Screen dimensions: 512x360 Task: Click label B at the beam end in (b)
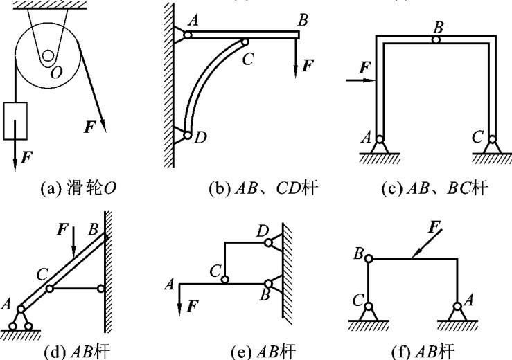coord(302,20)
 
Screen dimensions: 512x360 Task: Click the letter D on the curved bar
coord(200,138)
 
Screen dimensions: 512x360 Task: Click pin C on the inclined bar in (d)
coord(49,288)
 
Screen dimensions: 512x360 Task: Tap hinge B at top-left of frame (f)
coord(369,259)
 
